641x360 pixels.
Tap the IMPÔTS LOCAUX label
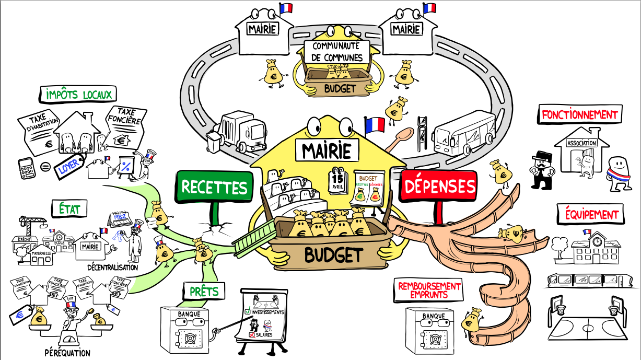point(77,95)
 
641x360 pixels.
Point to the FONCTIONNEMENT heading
point(580,114)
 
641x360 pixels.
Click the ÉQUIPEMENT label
point(591,214)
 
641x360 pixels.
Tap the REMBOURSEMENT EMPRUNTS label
point(429,290)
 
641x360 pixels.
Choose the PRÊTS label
point(204,291)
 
